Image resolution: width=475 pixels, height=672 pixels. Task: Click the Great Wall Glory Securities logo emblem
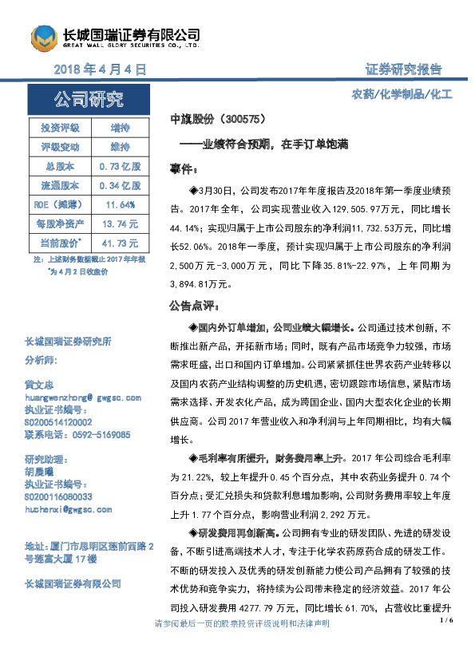(45, 37)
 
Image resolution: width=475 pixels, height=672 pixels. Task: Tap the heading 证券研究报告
(402, 69)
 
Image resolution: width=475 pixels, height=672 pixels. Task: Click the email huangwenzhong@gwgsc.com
(83, 397)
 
